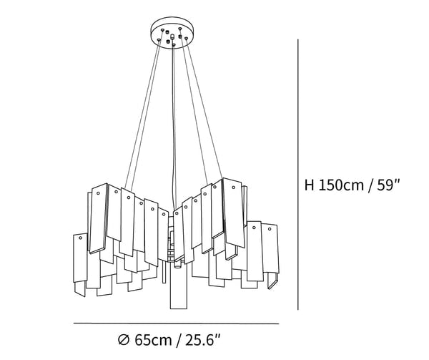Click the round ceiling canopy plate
click(172, 33)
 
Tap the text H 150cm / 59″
click(352, 185)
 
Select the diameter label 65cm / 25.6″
click(169, 340)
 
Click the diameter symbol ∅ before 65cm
click(124, 340)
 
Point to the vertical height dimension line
click(298, 175)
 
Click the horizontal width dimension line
click(176, 323)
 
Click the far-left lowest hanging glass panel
click(80, 258)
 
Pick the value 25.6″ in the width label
click(203, 340)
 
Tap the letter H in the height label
click(310, 185)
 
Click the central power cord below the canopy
click(174, 126)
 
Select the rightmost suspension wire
click(204, 109)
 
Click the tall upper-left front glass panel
click(99, 218)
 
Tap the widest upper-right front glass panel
click(233, 213)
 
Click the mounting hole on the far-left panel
click(80, 238)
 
